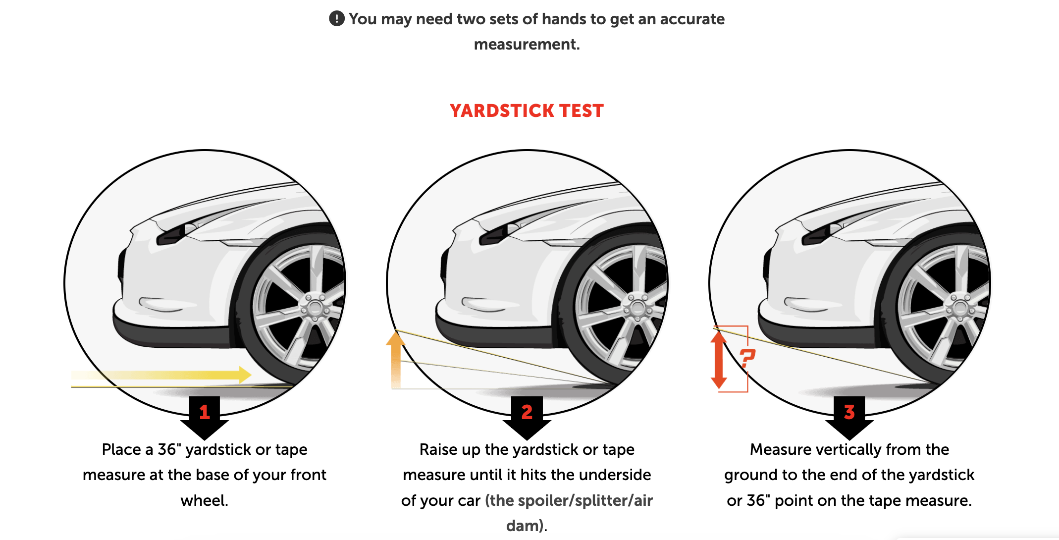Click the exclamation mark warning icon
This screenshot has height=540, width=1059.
point(337,19)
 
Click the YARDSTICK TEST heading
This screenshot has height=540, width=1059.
point(527,110)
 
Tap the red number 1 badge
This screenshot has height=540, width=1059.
point(205,412)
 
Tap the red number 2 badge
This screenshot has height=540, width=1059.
point(527,412)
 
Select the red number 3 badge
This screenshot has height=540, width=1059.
point(849,412)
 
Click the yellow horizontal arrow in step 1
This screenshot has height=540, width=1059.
point(161,375)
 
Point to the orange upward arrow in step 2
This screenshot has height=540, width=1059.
point(396,359)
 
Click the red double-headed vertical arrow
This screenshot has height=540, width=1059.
point(719,360)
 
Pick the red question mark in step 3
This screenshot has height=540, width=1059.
point(747,358)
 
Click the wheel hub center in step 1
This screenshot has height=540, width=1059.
point(315,308)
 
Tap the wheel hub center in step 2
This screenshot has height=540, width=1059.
point(637,308)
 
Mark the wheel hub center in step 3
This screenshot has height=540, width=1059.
point(960,308)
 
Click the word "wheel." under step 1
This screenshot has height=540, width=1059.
point(205,500)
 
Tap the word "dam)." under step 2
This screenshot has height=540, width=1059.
point(527,526)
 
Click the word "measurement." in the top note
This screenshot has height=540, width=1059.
point(527,45)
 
